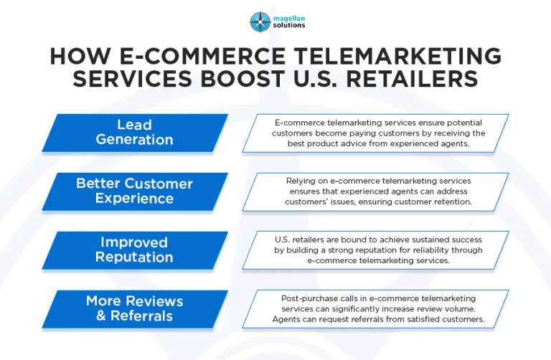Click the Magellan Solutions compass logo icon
click(260, 22)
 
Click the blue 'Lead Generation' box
click(135, 133)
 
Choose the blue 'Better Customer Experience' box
click(135, 191)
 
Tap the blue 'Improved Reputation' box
click(135, 250)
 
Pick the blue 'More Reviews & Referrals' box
click(135, 308)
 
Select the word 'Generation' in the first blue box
click(135, 141)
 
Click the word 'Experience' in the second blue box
click(135, 199)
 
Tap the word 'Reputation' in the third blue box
click(135, 257)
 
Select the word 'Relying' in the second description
click(301, 181)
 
